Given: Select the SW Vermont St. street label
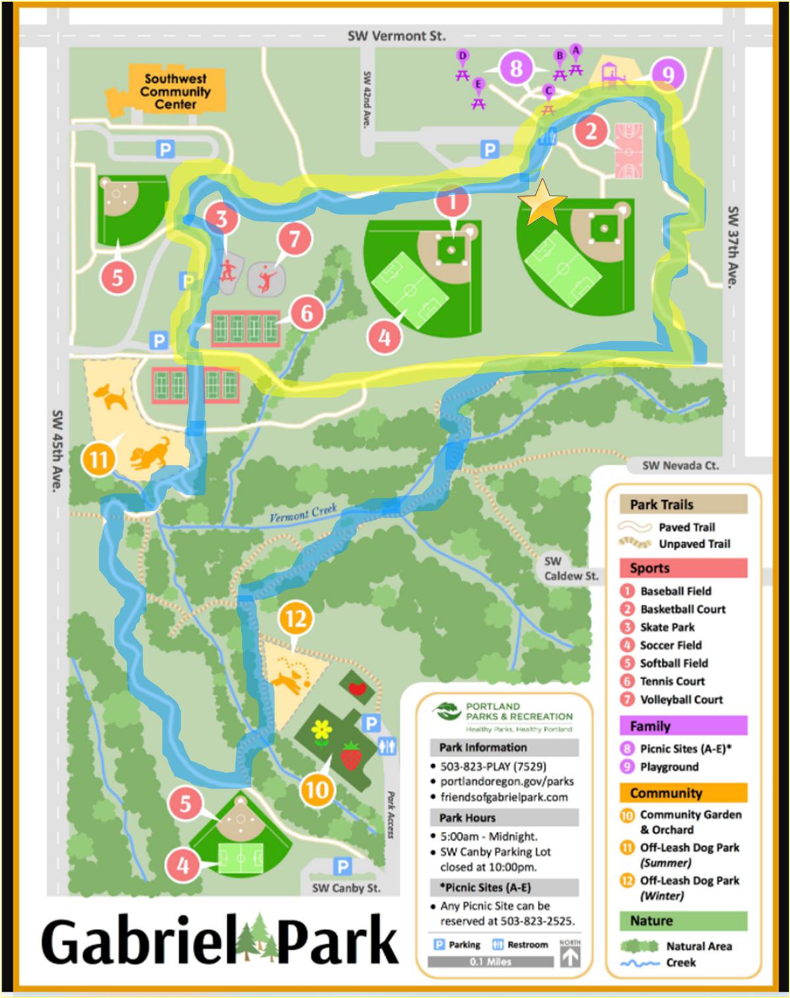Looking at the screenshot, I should [x=396, y=36].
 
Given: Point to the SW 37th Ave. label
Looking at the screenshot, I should [x=732, y=247].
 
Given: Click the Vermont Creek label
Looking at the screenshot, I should [x=303, y=513].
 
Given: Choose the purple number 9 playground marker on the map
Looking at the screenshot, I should [x=668, y=74].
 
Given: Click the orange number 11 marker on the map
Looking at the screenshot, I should [x=99, y=458].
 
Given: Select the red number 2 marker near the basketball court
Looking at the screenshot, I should [x=591, y=131].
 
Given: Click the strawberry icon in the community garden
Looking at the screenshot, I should [x=352, y=756].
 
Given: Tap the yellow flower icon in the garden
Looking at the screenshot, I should [x=321, y=731].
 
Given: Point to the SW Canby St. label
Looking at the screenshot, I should [x=346, y=888].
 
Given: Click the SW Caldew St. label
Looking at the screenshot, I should [x=570, y=569].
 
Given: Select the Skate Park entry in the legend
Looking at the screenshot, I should [x=666, y=627].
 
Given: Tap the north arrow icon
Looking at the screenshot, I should [x=570, y=953].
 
